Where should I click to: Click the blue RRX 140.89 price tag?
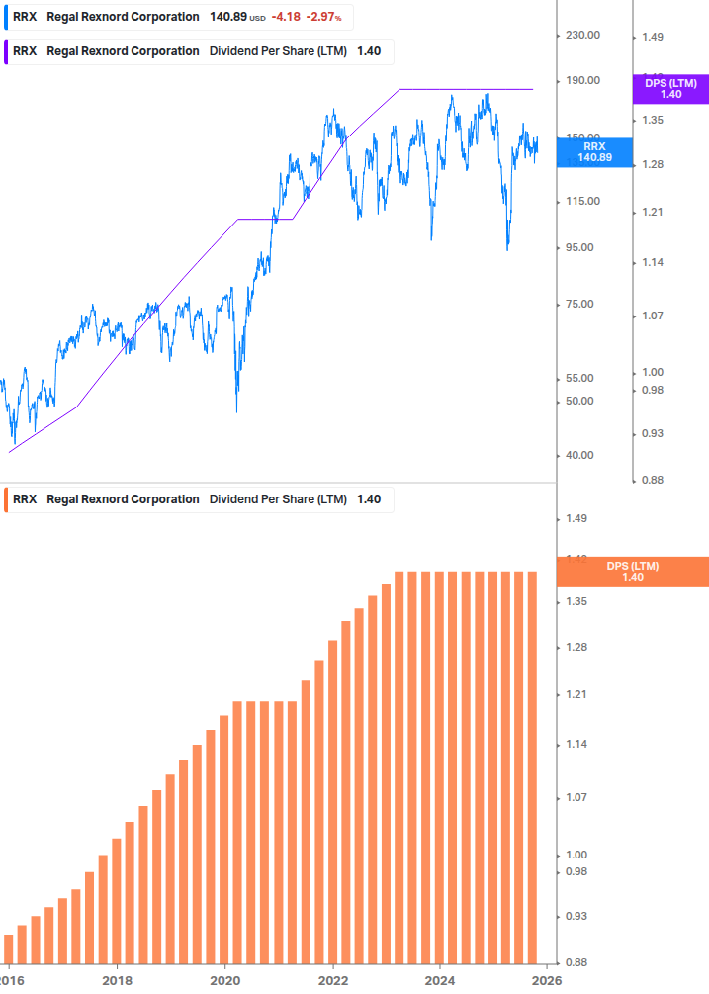click(x=594, y=151)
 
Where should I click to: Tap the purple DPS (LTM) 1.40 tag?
click(x=670, y=89)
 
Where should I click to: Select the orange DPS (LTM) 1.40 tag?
click(x=633, y=572)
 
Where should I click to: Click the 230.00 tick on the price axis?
click(x=581, y=36)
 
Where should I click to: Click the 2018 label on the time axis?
click(x=118, y=979)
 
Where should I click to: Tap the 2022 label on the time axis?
click(x=333, y=979)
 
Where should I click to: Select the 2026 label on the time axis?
click(x=547, y=979)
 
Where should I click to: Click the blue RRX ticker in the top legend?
click(x=25, y=17)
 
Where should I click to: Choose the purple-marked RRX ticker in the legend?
click(x=25, y=51)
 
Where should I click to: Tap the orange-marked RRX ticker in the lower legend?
click(x=25, y=499)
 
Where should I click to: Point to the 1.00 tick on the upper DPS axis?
click(x=652, y=372)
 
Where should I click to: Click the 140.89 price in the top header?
click(x=227, y=17)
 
